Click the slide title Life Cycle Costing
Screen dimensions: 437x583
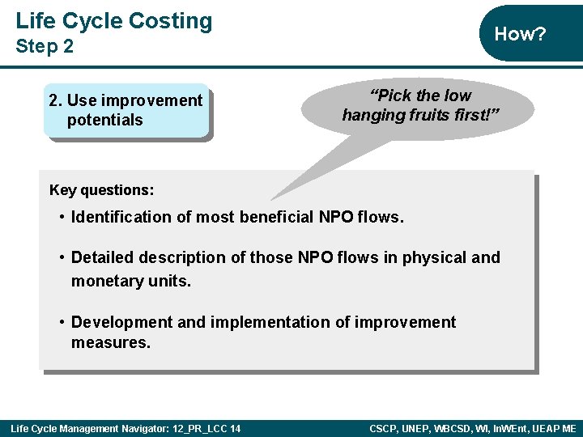[113, 21]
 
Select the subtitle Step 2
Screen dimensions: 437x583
[45, 47]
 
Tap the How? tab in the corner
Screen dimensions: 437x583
[520, 34]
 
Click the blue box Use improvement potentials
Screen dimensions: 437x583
[126, 111]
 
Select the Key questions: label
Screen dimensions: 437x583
[101, 190]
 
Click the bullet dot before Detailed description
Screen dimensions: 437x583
[62, 257]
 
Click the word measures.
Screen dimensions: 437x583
[109, 342]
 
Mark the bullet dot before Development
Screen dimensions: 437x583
[62, 322]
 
